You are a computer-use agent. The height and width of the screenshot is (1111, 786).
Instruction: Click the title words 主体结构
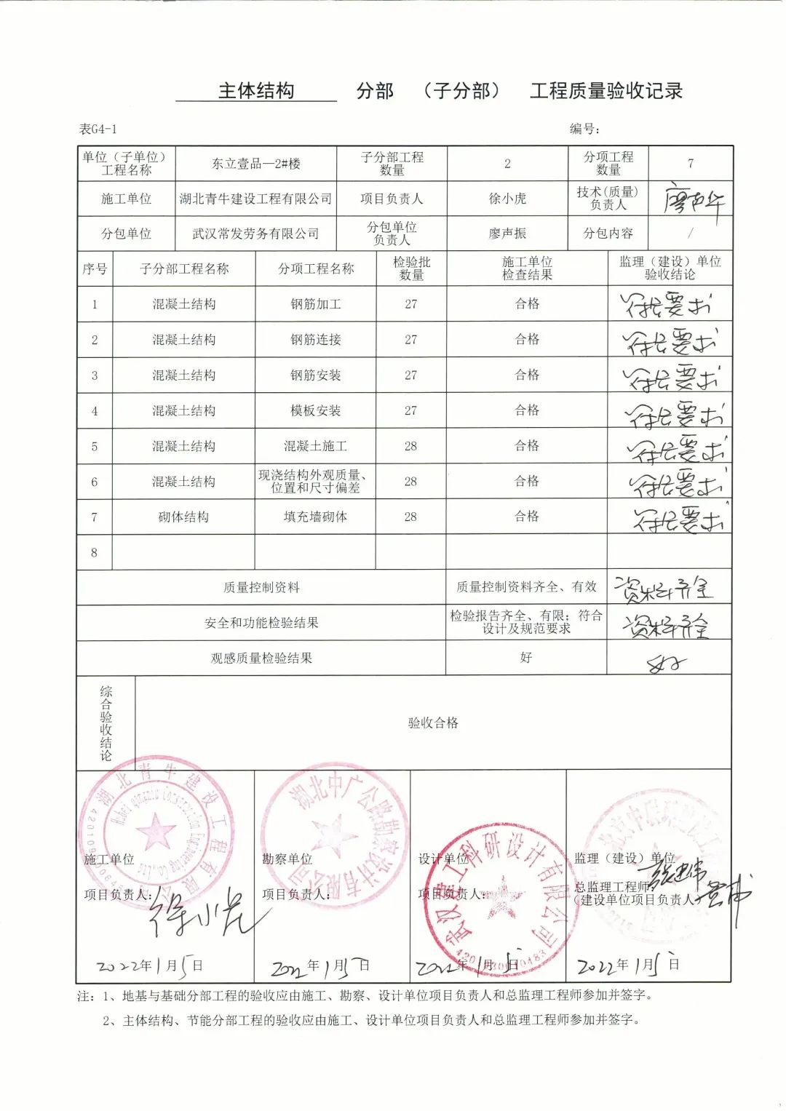(256, 91)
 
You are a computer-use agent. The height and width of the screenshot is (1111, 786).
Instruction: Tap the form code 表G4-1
(98, 129)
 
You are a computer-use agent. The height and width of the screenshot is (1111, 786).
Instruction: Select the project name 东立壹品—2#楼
(256, 164)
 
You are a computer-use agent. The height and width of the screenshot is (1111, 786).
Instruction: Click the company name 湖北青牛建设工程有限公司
(256, 199)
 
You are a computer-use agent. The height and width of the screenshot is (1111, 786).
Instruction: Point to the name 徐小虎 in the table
(507, 199)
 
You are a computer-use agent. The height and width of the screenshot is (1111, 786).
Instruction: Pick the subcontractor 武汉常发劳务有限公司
(256, 234)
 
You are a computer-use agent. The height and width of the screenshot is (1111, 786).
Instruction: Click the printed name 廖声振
(507, 234)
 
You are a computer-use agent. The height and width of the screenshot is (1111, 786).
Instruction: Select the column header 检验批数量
(411, 268)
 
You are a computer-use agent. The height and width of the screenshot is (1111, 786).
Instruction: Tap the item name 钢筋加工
(316, 304)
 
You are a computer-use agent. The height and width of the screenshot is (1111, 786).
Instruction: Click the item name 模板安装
(316, 410)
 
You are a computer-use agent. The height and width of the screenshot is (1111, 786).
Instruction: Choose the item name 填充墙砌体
(316, 517)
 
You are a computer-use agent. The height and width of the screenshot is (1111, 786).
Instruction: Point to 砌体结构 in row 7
(183, 517)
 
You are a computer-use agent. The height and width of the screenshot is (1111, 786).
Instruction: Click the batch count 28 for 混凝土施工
(410, 446)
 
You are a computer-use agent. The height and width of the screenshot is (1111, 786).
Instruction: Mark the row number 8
(94, 552)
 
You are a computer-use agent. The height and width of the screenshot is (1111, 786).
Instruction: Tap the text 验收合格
(433, 722)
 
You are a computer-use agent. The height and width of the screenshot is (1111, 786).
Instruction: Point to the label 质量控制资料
(261, 587)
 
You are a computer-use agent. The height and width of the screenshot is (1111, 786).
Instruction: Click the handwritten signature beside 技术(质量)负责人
(693, 199)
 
